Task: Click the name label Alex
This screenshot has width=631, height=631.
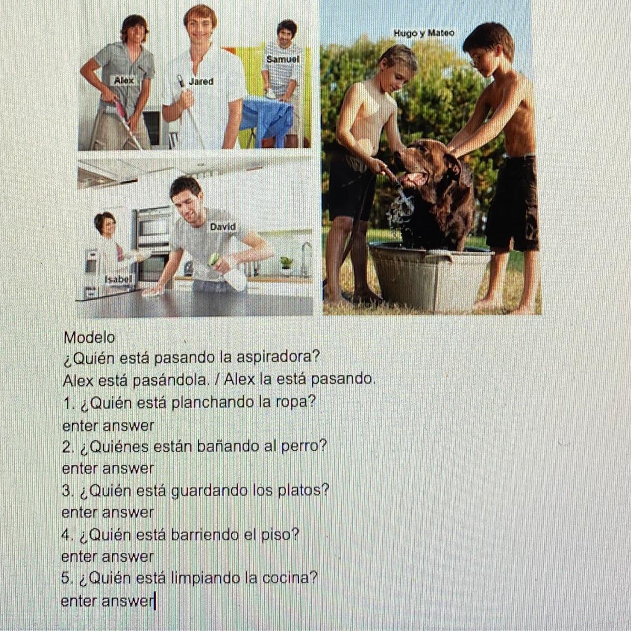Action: click(124, 80)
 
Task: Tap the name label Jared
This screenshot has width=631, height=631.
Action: click(201, 81)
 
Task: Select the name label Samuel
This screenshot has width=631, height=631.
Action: click(283, 59)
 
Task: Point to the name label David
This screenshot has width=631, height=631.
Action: click(222, 227)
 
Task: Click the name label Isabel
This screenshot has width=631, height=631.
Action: click(118, 279)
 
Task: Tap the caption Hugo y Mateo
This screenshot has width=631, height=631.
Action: click(424, 33)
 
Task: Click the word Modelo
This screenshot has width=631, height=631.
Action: click(89, 338)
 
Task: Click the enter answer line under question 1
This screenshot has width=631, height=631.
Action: click(108, 426)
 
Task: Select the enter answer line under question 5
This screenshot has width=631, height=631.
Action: click(108, 601)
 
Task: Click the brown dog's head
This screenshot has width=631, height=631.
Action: click(422, 164)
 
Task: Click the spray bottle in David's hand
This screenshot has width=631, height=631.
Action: click(229, 272)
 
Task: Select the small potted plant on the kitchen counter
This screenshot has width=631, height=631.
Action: click(286, 264)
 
